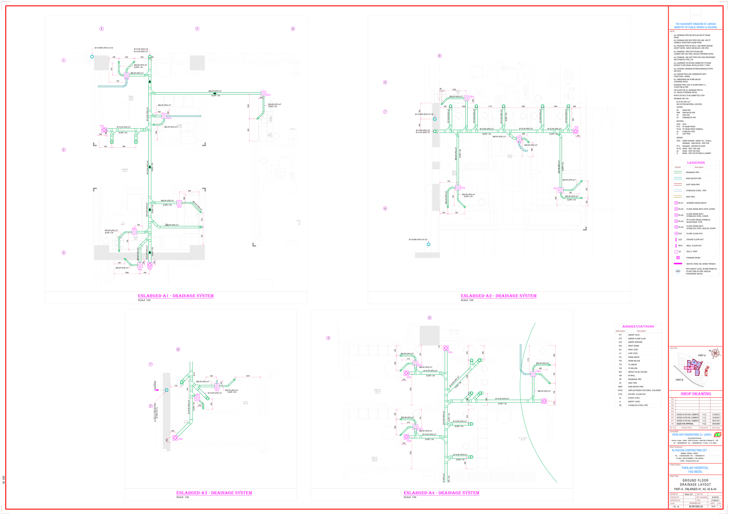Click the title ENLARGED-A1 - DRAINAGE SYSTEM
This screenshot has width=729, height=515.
tap(176, 296)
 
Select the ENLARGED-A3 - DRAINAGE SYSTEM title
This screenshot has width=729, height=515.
tap(214, 493)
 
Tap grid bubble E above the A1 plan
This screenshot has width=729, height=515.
tap(102, 29)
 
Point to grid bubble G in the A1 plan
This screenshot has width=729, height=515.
tap(293, 29)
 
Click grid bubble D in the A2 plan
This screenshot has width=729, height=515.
tap(439, 56)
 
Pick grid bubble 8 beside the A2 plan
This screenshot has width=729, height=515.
tap(385, 208)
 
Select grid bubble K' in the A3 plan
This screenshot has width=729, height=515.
tap(178, 349)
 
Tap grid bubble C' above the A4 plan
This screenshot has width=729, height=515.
tap(430, 318)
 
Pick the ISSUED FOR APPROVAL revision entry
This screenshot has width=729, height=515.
tap(685, 424)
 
